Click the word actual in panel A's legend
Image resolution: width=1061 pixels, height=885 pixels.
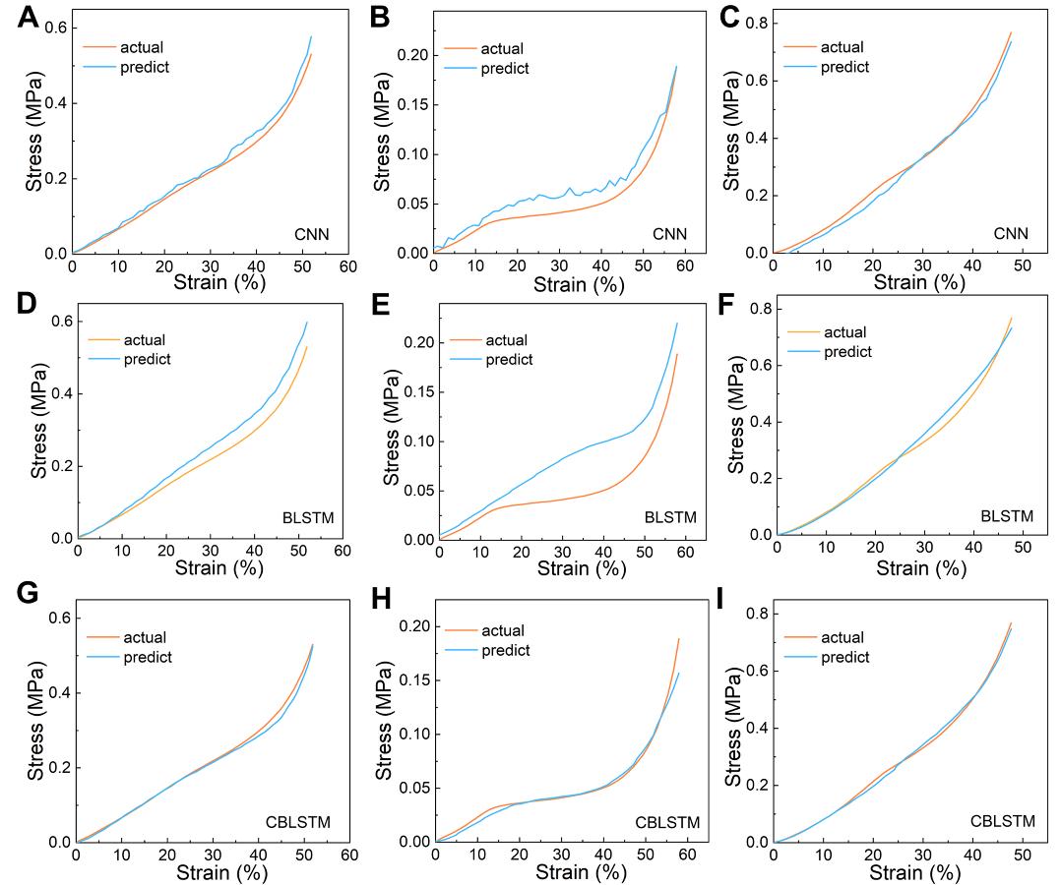(142, 46)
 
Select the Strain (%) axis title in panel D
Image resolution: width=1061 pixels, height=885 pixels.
(210, 568)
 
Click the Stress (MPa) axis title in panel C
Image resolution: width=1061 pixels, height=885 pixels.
(731, 133)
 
